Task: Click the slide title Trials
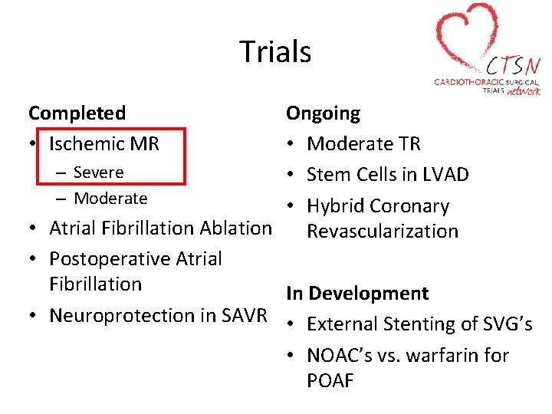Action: coord(275,52)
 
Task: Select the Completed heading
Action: coord(77,113)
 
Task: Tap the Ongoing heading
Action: coord(323,114)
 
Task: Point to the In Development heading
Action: coord(357,294)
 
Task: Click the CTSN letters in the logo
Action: coord(512,64)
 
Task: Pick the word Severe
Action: coord(98,172)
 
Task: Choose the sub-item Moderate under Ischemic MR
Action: coord(110,199)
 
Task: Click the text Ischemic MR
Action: coord(104,143)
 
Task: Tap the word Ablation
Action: coord(235,228)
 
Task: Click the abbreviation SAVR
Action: coord(245,315)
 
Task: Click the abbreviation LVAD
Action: coord(445,175)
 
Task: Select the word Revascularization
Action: coord(383,232)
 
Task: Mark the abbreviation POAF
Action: coord(330,381)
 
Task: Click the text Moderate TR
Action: coord(363,144)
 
